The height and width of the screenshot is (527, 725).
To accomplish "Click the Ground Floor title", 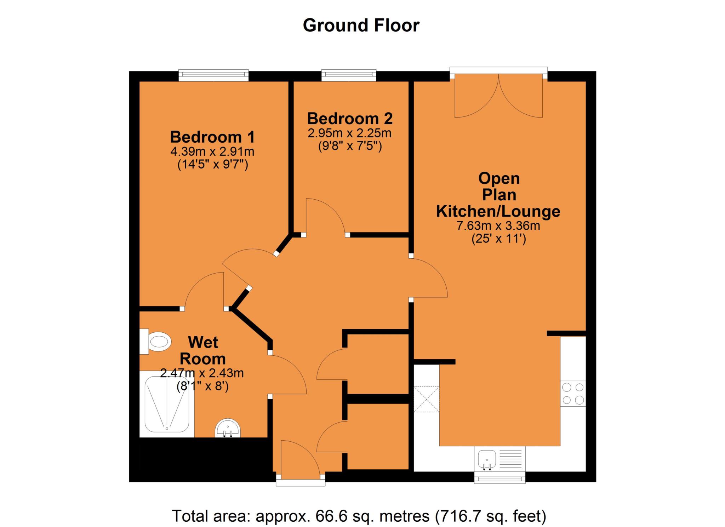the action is point(361,26).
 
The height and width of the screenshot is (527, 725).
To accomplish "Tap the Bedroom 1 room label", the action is point(212,137).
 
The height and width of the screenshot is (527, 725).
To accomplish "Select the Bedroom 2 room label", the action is point(350,119).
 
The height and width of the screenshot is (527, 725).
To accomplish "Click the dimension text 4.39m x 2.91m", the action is point(212,152).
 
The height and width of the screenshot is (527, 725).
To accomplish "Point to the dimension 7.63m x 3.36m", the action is point(498,225).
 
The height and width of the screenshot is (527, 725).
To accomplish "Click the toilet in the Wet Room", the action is point(155,342).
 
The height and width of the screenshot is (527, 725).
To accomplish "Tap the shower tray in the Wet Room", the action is point(167,404).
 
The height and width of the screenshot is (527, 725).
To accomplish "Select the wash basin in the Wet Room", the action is point(228,428).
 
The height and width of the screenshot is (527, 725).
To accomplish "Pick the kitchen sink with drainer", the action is point(500,459).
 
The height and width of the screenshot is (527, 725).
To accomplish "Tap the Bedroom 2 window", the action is point(349,75).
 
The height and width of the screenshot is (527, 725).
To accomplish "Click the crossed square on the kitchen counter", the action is point(427,399).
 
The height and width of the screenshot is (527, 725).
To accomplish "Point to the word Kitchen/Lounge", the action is point(498,211).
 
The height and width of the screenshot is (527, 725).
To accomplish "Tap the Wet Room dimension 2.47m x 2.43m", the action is point(202,373).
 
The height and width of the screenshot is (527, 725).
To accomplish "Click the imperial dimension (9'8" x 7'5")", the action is point(350,146).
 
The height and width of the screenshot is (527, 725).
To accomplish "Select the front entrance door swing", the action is point(301,457).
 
